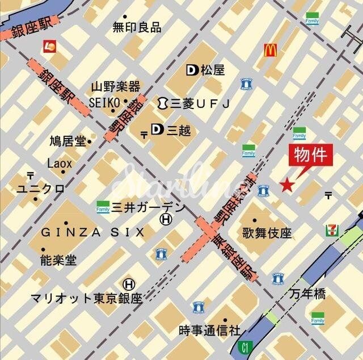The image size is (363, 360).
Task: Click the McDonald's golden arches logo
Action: (270, 51)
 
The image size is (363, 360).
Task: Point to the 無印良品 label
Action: (137, 27)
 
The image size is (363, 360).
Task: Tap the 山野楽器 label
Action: (115, 87)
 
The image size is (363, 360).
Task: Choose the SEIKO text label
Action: (104, 102)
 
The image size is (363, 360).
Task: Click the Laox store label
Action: (60, 164)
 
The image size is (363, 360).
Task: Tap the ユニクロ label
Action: (40, 189)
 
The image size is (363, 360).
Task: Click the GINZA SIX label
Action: (92, 232)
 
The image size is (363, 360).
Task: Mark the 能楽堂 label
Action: (58, 260)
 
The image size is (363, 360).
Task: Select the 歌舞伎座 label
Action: (267, 233)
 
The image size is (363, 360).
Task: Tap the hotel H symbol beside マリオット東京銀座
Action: (129, 283)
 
